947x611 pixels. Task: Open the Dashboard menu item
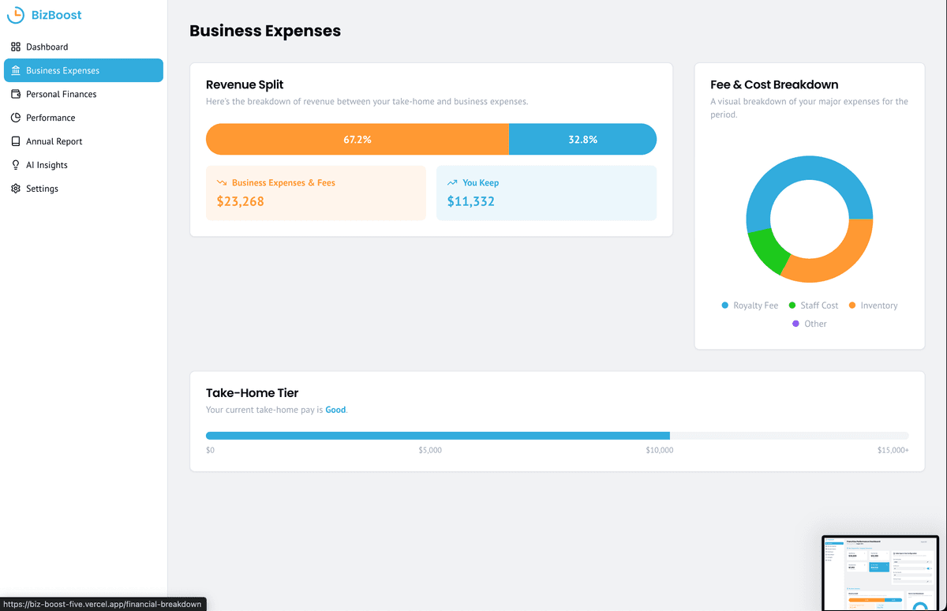47,47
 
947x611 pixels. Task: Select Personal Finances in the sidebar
61,94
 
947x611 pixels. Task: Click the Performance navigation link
51,118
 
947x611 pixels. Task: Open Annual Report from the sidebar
54,141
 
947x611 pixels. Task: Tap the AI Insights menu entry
47,165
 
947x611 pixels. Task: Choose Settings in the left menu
42,189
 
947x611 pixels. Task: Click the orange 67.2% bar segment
357,139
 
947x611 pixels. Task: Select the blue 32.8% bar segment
582,139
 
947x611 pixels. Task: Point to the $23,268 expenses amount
241,201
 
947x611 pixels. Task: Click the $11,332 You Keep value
471,201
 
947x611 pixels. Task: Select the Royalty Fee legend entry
750,305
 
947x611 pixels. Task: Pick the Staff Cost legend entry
813,305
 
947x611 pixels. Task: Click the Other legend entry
810,324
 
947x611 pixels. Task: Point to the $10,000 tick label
660,450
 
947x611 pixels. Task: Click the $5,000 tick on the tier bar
430,450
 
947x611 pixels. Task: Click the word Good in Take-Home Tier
335,410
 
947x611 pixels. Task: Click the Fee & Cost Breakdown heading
774,84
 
